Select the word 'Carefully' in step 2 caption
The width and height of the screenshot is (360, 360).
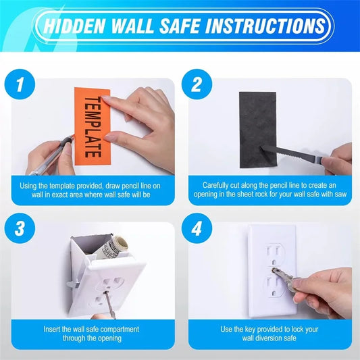click(221, 184)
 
